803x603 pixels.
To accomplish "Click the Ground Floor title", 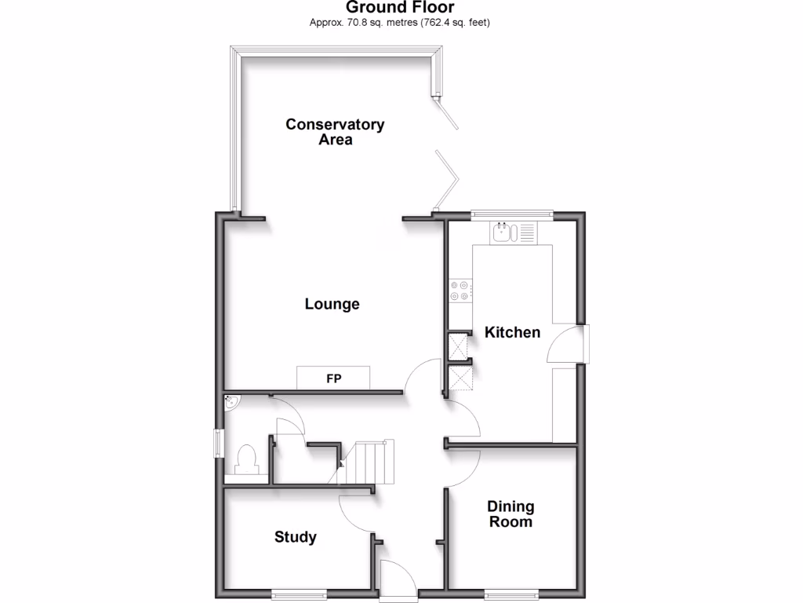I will (x=401, y=8).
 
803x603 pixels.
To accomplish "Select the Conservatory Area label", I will (x=335, y=132).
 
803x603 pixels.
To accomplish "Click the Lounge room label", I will (x=332, y=304).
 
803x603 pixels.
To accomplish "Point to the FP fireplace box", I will (x=334, y=378).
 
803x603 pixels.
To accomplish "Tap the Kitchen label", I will (x=512, y=332).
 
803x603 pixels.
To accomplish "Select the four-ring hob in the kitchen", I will (x=460, y=291).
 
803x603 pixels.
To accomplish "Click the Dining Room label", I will (x=511, y=513).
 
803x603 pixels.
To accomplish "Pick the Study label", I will (x=296, y=537).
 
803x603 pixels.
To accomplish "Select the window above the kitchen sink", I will (x=512, y=213).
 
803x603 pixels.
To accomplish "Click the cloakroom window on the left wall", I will (x=220, y=441).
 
